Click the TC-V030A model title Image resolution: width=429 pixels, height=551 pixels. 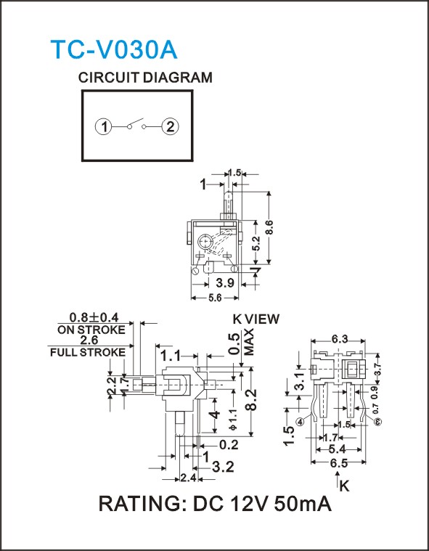tap(114, 49)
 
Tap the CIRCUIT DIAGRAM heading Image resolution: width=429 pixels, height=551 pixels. tap(145, 77)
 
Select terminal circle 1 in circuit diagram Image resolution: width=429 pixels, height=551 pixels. tap(103, 126)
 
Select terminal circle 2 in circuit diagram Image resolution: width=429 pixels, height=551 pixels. tap(170, 126)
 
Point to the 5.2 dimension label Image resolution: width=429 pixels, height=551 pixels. tap(256, 243)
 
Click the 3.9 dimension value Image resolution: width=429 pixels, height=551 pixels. tap(225, 282)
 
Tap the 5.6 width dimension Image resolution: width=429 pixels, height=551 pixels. tap(215, 298)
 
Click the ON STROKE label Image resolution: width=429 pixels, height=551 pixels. tap(91, 330)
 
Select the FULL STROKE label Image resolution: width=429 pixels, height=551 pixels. tap(88, 353)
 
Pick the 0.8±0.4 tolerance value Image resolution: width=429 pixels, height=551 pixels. tap(94, 318)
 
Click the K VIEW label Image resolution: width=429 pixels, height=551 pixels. tap(256, 319)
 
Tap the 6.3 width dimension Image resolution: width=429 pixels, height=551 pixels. tap(340, 339)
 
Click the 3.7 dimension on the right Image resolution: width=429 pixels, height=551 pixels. tap(377, 370)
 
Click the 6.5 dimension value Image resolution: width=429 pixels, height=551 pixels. tap(339, 463)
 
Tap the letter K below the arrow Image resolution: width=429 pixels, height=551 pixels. tap(345, 486)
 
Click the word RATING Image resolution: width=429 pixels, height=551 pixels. tap(143, 504)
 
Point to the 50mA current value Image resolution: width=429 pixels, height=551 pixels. tap(303, 504)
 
